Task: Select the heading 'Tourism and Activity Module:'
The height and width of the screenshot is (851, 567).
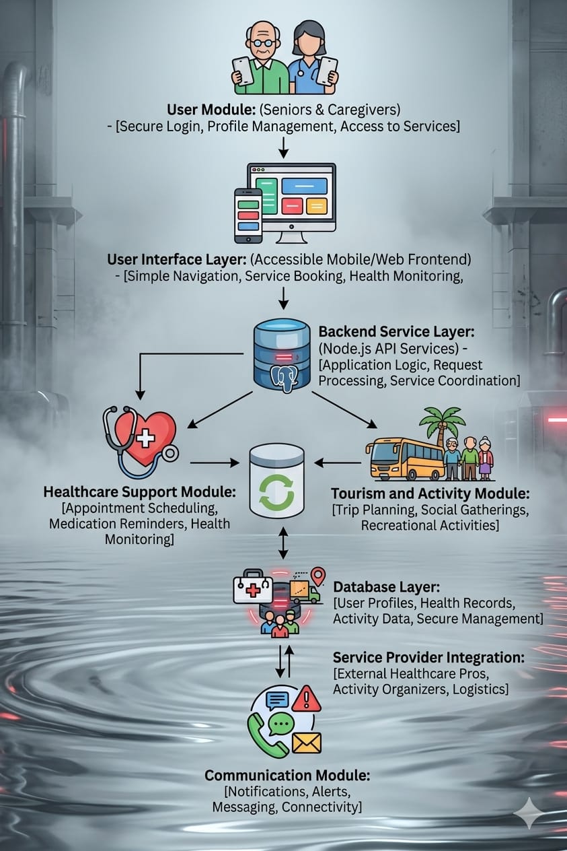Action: pyautogui.click(x=430, y=493)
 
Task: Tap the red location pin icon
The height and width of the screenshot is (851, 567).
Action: pyautogui.click(x=317, y=576)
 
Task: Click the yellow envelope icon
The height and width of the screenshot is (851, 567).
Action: pyautogui.click(x=307, y=742)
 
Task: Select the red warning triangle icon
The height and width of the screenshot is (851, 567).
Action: pyautogui.click(x=306, y=699)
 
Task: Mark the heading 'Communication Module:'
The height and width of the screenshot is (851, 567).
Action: pyautogui.click(x=287, y=776)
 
